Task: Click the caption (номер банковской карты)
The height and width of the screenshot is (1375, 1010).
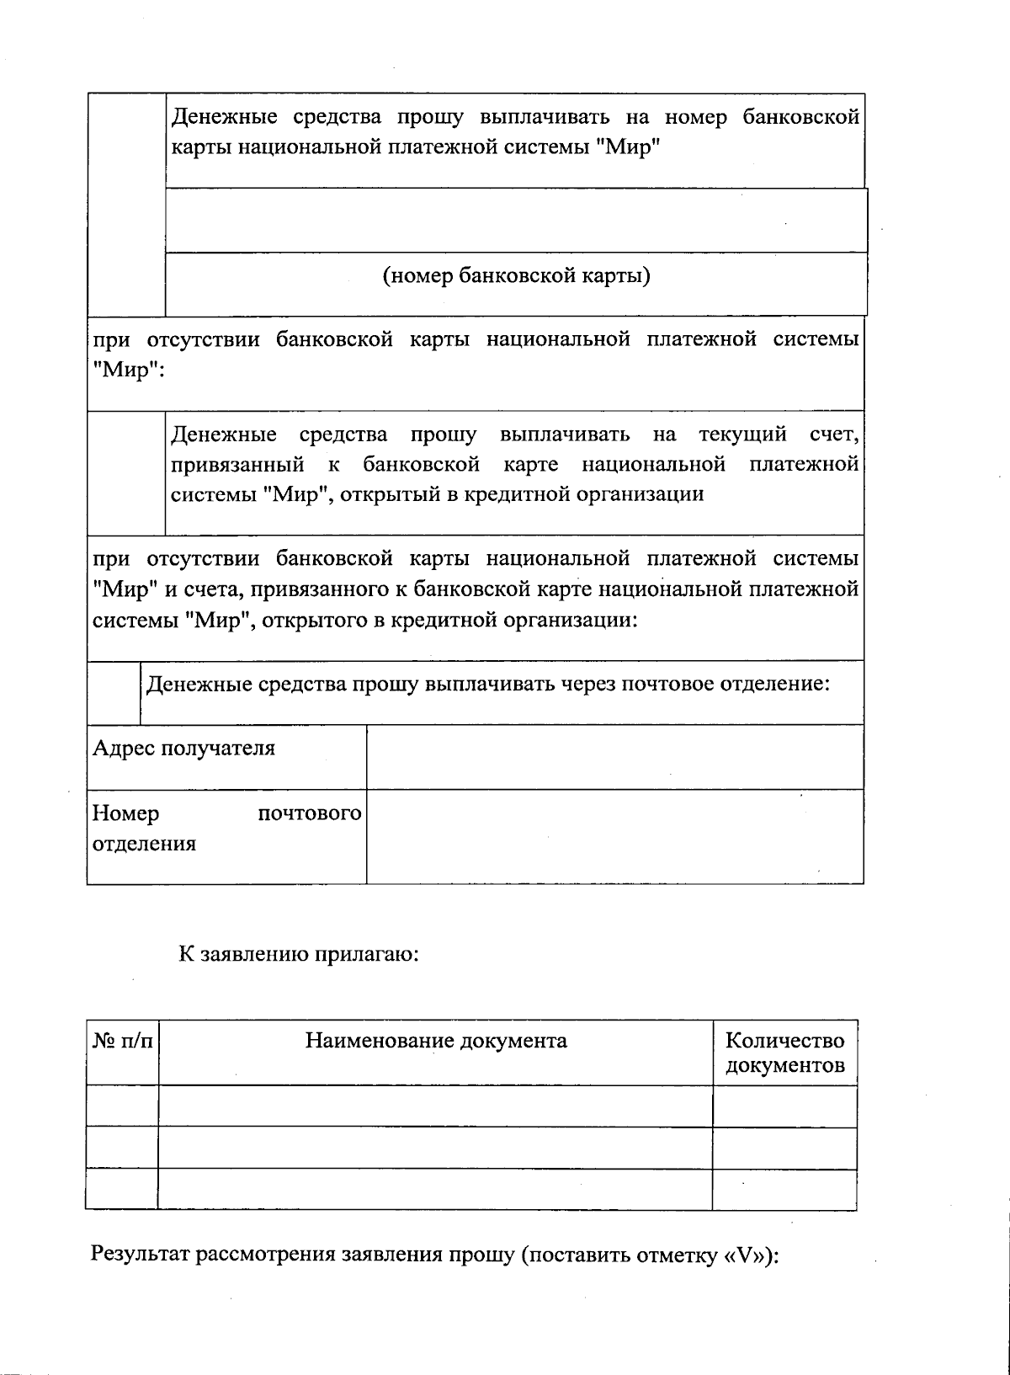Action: point(516,276)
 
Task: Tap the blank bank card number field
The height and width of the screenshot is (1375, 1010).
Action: point(516,220)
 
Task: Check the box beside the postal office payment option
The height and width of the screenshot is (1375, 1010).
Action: point(113,692)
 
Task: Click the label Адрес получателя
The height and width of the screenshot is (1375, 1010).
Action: point(183,748)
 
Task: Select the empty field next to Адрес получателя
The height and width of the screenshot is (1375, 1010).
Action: point(614,756)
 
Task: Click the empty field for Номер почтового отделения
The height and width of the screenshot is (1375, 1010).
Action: point(614,835)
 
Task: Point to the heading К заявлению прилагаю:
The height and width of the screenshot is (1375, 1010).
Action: point(298,954)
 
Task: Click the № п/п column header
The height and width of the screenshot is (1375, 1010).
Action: point(122,1042)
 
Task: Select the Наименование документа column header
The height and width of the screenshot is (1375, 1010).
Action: point(435,1041)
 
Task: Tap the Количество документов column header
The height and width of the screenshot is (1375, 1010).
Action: point(784,1053)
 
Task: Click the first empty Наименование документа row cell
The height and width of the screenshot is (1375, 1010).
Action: point(435,1106)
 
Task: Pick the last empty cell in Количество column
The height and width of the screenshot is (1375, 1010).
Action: point(784,1189)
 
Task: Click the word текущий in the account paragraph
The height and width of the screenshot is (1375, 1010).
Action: point(742,434)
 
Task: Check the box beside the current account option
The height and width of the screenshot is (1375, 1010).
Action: point(125,472)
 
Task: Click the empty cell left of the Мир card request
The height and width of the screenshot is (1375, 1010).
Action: point(126,204)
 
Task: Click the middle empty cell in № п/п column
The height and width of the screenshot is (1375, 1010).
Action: point(122,1148)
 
